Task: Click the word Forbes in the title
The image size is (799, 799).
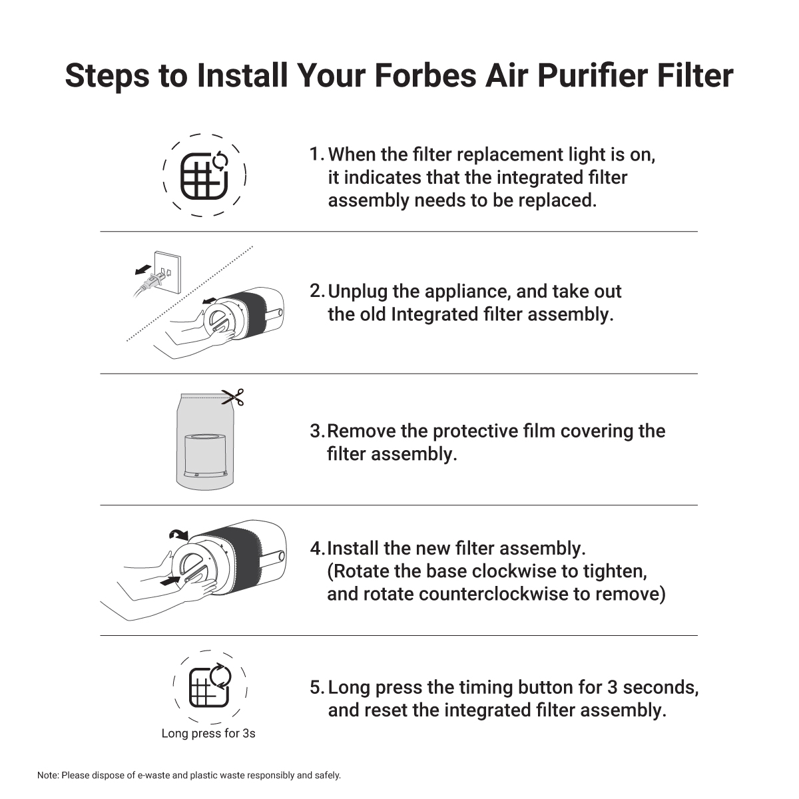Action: tap(425, 76)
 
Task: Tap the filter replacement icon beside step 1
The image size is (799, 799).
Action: tap(204, 176)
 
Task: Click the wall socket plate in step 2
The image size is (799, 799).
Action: tap(168, 272)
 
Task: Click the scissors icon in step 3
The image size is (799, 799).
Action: tap(233, 398)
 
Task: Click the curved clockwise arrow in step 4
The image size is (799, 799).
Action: tap(178, 535)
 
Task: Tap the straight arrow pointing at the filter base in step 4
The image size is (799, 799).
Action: tap(170, 581)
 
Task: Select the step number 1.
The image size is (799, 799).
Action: tap(316, 154)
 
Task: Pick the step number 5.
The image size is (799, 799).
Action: tap(316, 688)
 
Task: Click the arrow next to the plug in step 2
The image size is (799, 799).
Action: tap(142, 270)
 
